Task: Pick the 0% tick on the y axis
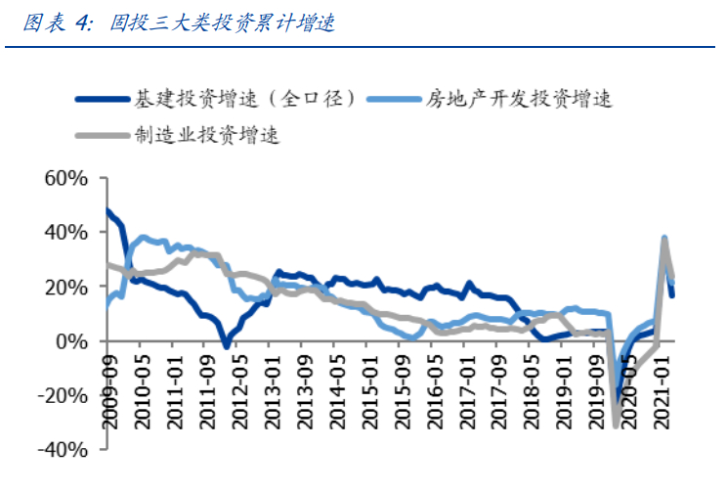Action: point(72,341)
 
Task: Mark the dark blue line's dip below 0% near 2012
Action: point(227,345)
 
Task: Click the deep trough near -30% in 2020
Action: point(616,423)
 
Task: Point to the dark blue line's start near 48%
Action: point(107,211)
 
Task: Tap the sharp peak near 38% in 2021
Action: point(664,239)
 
